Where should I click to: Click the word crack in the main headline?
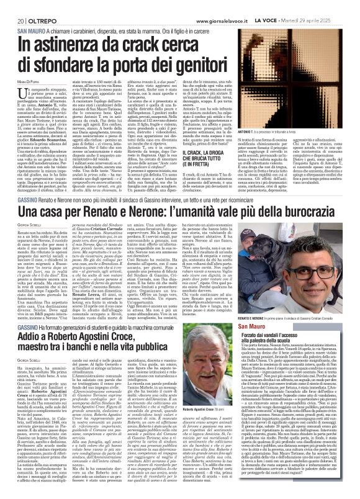click(x=159, y=45)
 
